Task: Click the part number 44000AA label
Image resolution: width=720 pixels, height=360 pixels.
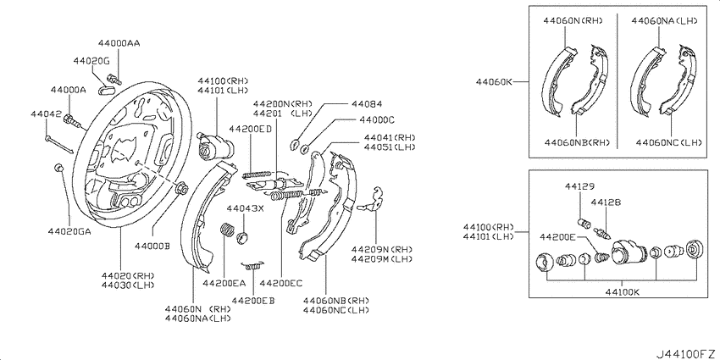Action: (x=119, y=43)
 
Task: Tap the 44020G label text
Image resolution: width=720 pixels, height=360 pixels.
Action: (x=91, y=61)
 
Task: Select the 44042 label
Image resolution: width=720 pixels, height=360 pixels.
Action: (x=46, y=114)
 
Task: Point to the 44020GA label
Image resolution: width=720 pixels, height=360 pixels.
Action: (x=69, y=231)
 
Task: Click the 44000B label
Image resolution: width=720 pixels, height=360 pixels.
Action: (x=152, y=246)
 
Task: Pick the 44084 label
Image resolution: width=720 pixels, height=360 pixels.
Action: (x=367, y=104)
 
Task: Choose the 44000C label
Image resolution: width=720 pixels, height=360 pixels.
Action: (x=377, y=119)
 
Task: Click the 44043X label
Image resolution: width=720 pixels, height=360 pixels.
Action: (x=245, y=209)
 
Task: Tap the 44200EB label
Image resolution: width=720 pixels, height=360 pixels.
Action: (x=253, y=301)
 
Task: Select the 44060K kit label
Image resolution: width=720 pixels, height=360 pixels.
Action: (x=494, y=82)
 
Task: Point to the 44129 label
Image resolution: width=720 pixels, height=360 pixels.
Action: (x=579, y=187)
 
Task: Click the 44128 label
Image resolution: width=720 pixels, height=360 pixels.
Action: (x=606, y=202)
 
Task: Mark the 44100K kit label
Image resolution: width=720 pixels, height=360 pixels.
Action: (x=623, y=291)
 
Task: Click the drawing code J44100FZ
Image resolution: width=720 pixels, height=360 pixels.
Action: (x=686, y=354)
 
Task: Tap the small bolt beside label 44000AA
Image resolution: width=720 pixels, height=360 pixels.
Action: (x=114, y=79)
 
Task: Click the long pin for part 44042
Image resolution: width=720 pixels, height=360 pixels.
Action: (x=58, y=143)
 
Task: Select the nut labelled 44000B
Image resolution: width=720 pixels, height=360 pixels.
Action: (x=181, y=187)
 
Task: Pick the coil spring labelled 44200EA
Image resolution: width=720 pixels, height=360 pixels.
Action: (x=228, y=230)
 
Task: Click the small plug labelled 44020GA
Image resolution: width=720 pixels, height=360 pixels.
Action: (x=58, y=167)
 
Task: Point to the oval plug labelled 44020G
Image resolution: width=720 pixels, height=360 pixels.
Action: (x=106, y=89)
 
